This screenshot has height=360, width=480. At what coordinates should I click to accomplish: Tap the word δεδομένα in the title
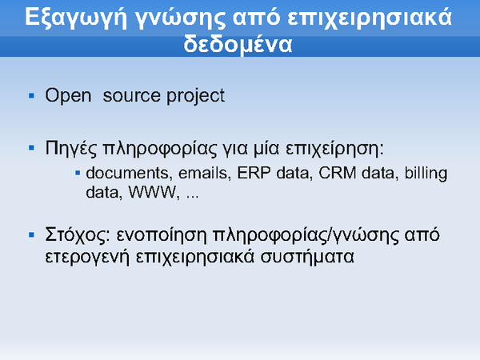click(x=238, y=44)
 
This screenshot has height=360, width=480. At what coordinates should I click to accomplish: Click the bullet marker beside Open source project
click(x=31, y=96)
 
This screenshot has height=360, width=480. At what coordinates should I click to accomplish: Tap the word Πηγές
click(x=71, y=149)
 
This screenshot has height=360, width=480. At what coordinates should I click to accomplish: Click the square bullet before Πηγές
click(x=31, y=149)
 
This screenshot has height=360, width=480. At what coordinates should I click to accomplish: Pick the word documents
click(x=127, y=174)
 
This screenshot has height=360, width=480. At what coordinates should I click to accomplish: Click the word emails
click(x=203, y=174)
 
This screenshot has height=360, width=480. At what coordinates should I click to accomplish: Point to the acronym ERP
click(x=254, y=174)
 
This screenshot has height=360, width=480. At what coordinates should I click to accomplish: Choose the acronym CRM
click(x=338, y=174)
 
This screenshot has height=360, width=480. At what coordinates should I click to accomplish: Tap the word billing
click(x=426, y=174)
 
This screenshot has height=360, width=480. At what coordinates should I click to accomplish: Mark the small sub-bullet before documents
click(x=78, y=174)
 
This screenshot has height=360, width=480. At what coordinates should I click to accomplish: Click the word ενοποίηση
click(x=162, y=236)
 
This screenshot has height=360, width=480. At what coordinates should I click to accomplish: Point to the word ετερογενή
click(x=87, y=257)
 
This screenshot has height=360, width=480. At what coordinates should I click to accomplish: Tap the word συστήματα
click(x=307, y=257)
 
